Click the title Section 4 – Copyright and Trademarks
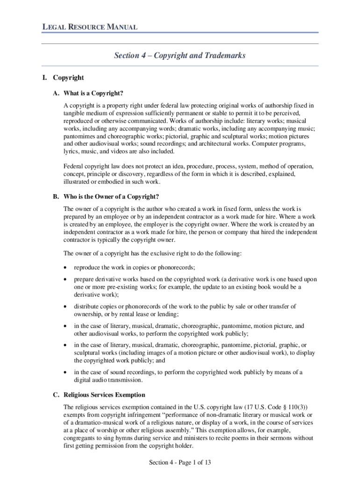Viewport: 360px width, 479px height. point(180,56)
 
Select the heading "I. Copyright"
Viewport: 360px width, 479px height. point(63,78)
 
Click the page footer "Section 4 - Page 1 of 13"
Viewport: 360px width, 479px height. point(180,463)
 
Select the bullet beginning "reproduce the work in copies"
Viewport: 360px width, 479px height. point(135,268)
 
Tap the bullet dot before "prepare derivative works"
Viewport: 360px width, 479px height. point(65,279)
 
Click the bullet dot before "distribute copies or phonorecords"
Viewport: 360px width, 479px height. point(65,306)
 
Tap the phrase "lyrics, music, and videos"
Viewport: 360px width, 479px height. point(96,152)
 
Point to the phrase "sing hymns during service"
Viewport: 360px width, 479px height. point(133,438)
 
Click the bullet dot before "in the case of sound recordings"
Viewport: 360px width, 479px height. point(65,372)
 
